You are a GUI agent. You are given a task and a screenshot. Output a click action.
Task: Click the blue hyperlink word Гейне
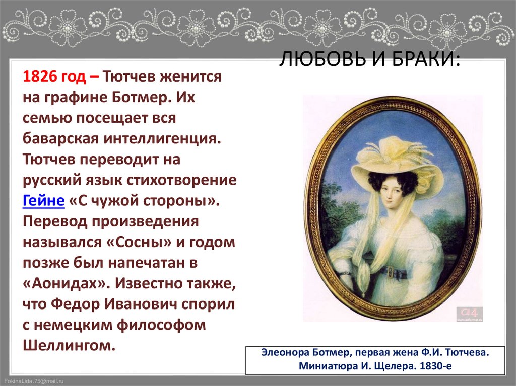click(x=43, y=200)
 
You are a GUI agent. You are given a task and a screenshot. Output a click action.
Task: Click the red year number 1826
click(x=41, y=76)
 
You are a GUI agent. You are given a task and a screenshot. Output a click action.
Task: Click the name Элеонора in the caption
click(x=285, y=352)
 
